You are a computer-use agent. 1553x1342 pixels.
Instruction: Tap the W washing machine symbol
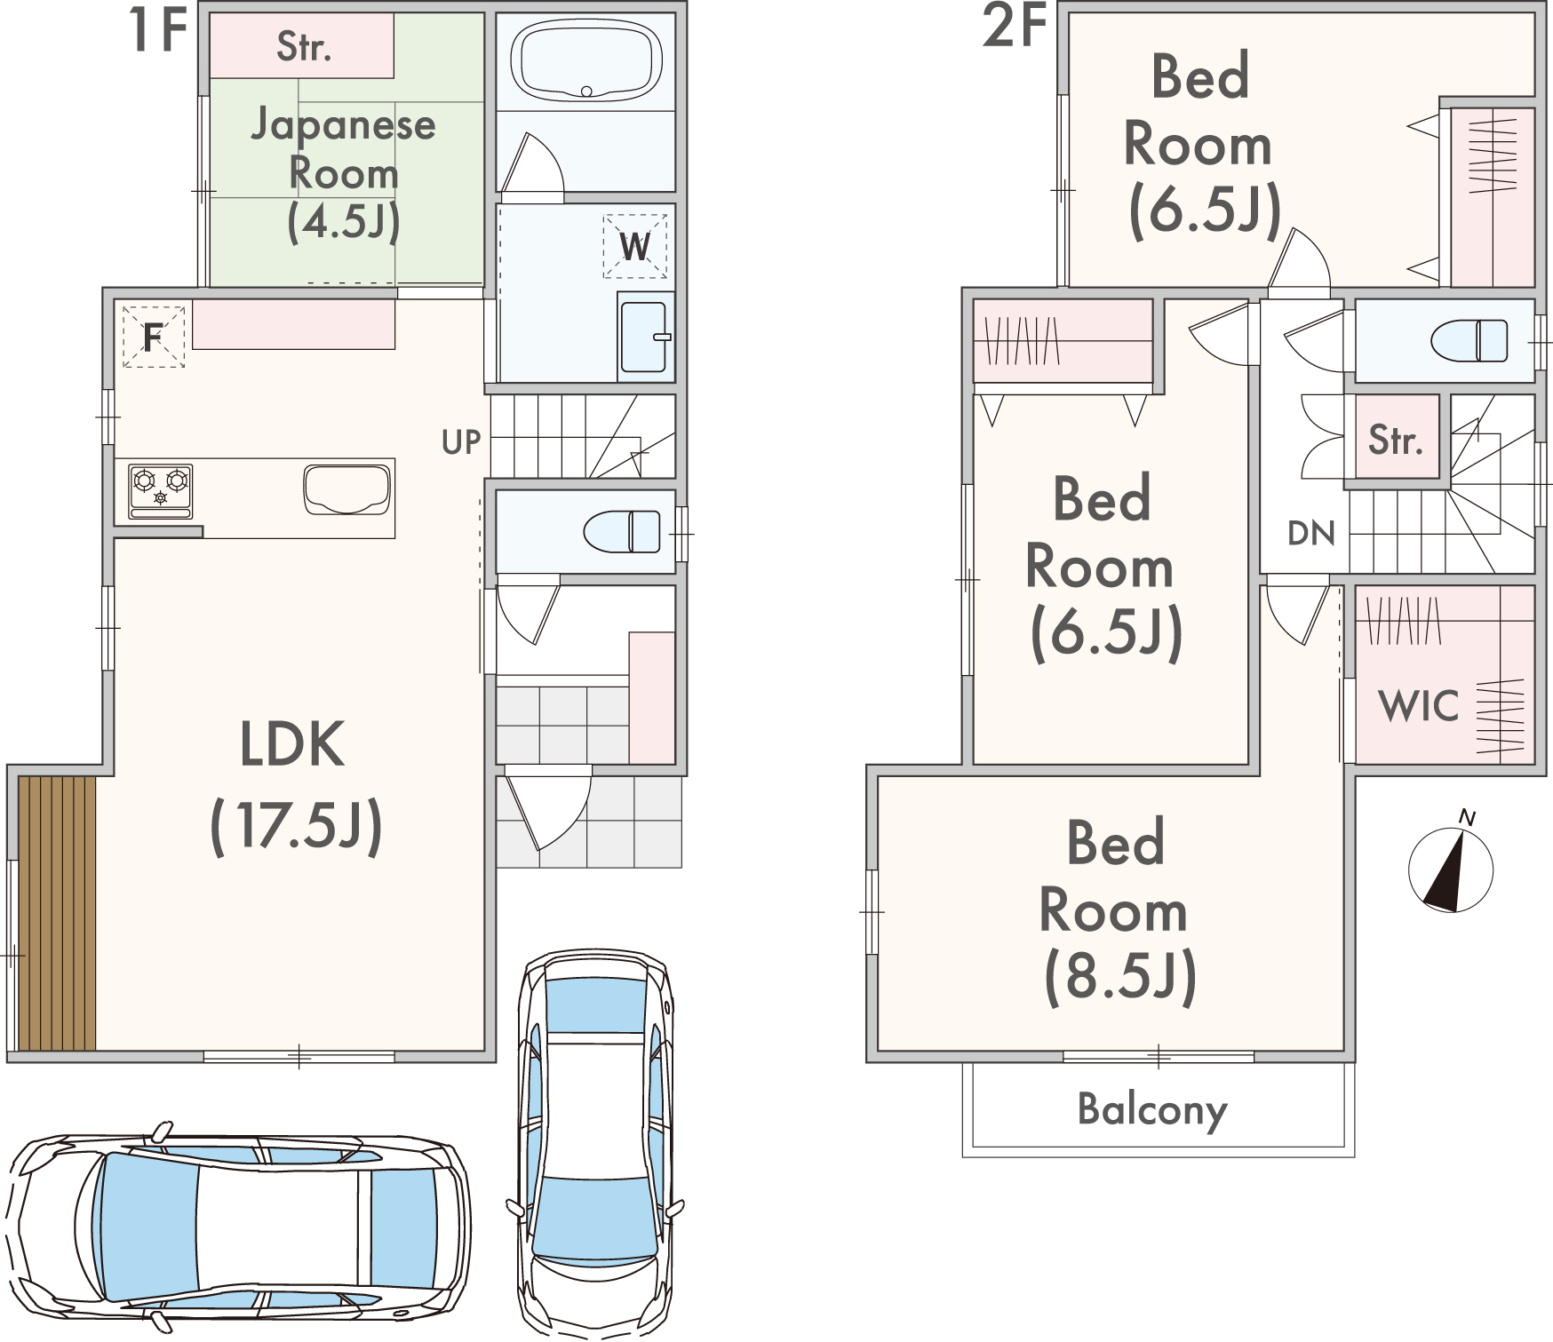click(x=635, y=246)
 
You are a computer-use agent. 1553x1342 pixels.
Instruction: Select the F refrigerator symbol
click(x=154, y=337)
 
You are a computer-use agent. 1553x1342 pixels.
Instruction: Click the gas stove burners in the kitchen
click(x=161, y=490)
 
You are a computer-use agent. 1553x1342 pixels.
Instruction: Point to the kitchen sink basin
click(x=346, y=489)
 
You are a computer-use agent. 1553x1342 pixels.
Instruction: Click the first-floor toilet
click(x=622, y=532)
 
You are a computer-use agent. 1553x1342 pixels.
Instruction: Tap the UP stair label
click(x=461, y=442)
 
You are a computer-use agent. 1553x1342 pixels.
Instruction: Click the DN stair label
click(x=1311, y=534)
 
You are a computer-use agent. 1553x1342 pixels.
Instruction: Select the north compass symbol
click(x=1451, y=866)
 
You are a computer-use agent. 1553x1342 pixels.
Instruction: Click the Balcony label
click(x=1152, y=1110)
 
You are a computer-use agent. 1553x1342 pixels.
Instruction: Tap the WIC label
click(x=1419, y=707)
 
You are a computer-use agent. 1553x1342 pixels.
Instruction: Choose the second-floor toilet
click(x=1469, y=341)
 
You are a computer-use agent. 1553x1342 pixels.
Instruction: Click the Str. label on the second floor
click(x=1396, y=440)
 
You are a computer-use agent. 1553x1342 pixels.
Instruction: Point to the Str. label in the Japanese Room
click(x=304, y=46)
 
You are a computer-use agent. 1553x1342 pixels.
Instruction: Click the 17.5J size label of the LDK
click(x=297, y=826)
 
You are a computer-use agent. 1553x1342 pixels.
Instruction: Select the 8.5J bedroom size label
click(x=1120, y=976)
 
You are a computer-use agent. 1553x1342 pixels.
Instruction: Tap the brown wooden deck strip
click(x=57, y=913)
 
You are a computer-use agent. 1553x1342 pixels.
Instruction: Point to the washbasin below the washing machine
click(x=644, y=337)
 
